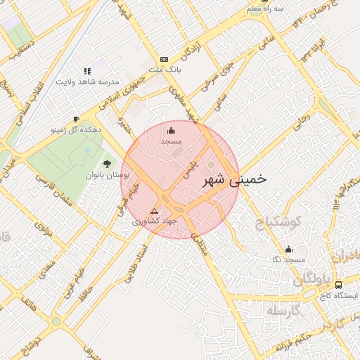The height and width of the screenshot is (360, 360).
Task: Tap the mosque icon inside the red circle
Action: [x=171, y=130]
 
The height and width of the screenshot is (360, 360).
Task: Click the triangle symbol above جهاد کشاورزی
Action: [x=155, y=211]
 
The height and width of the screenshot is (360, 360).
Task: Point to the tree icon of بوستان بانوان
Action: [x=107, y=164]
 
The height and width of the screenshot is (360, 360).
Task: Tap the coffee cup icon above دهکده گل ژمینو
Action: [x=76, y=119]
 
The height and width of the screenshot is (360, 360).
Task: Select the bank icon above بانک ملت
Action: [x=165, y=59]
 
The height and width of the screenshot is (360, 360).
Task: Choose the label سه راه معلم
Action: [x=269, y=8]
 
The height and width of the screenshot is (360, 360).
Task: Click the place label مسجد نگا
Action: [x=288, y=259]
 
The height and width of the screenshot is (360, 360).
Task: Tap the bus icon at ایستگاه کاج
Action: [x=339, y=285]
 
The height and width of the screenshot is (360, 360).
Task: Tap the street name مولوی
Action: [x=45, y=229]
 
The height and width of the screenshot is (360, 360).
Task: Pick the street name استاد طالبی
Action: [x=137, y=262]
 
